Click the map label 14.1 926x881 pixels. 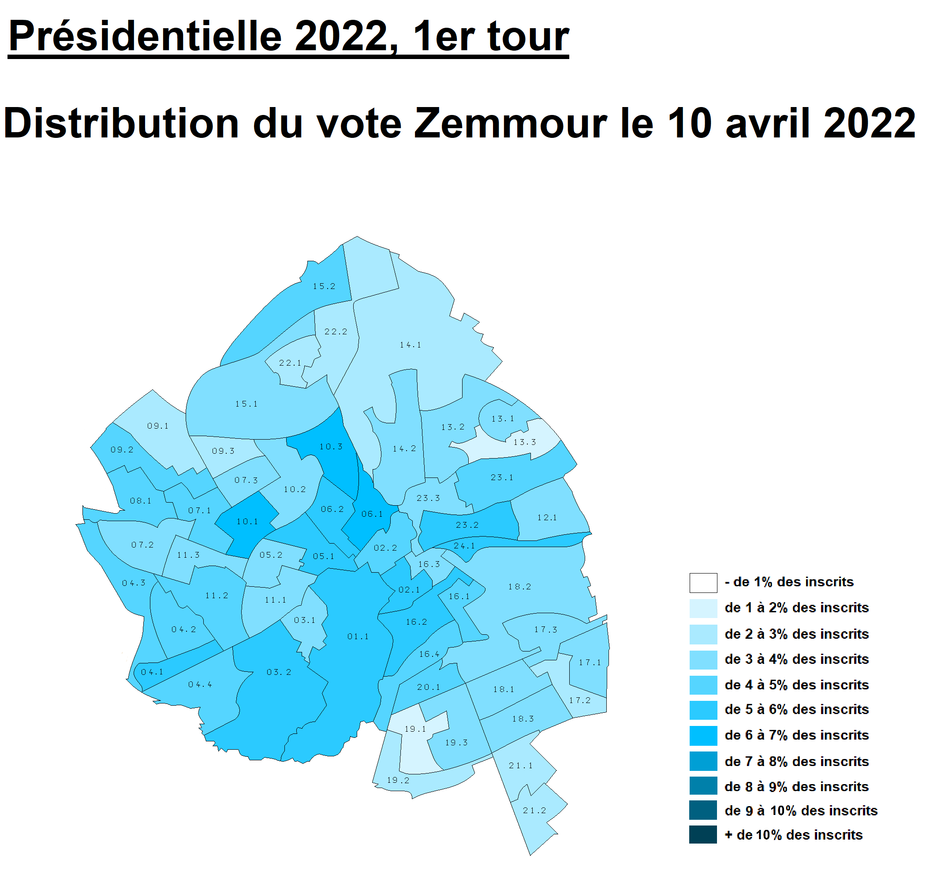point(411,345)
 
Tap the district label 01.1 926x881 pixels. point(358,637)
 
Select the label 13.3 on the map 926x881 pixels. point(525,442)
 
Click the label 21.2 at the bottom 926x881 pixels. point(534,811)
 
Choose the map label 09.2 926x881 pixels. point(122,450)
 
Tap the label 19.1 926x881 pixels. point(415,729)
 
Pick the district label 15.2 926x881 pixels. point(325,286)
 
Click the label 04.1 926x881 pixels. point(152,672)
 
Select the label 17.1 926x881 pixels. point(590,663)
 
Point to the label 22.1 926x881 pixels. point(290,363)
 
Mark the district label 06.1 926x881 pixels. point(372,514)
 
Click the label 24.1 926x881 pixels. point(464,546)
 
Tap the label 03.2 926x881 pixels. point(279,673)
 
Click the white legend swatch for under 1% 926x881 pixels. point(703,583)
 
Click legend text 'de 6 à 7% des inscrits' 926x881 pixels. point(796,736)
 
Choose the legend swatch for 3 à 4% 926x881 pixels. point(703,660)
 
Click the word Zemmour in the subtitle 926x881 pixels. point(510,123)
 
